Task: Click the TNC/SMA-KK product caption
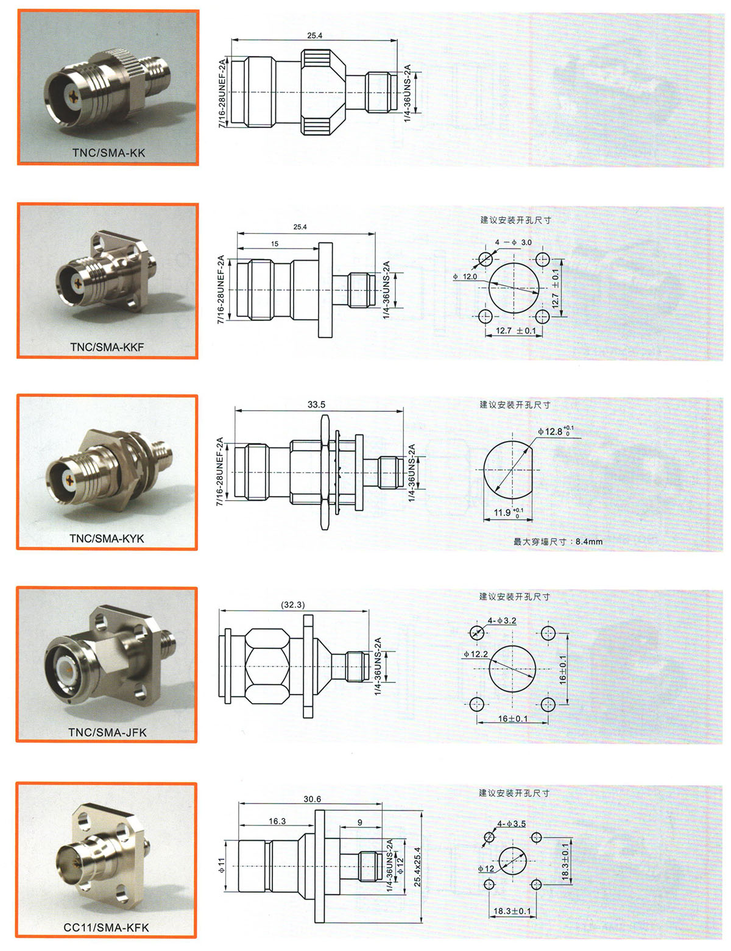pos(108,153)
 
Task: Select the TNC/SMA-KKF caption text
pos(107,347)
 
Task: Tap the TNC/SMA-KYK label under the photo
pos(107,539)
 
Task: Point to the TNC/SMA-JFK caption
pos(108,732)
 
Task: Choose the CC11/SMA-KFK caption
pos(107,927)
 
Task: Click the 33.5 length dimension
pos(316,405)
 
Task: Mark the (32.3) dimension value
pos(292,605)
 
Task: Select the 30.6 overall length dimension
pos(313,799)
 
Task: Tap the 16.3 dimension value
pos(277,821)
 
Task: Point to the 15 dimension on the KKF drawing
pos(275,244)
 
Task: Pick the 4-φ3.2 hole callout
pos(502,621)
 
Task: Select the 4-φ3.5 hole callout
pos(511,824)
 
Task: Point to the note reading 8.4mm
pos(589,542)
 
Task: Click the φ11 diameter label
pos(221,865)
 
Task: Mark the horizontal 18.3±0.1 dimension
pos(512,911)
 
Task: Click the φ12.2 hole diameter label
pos(476,654)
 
